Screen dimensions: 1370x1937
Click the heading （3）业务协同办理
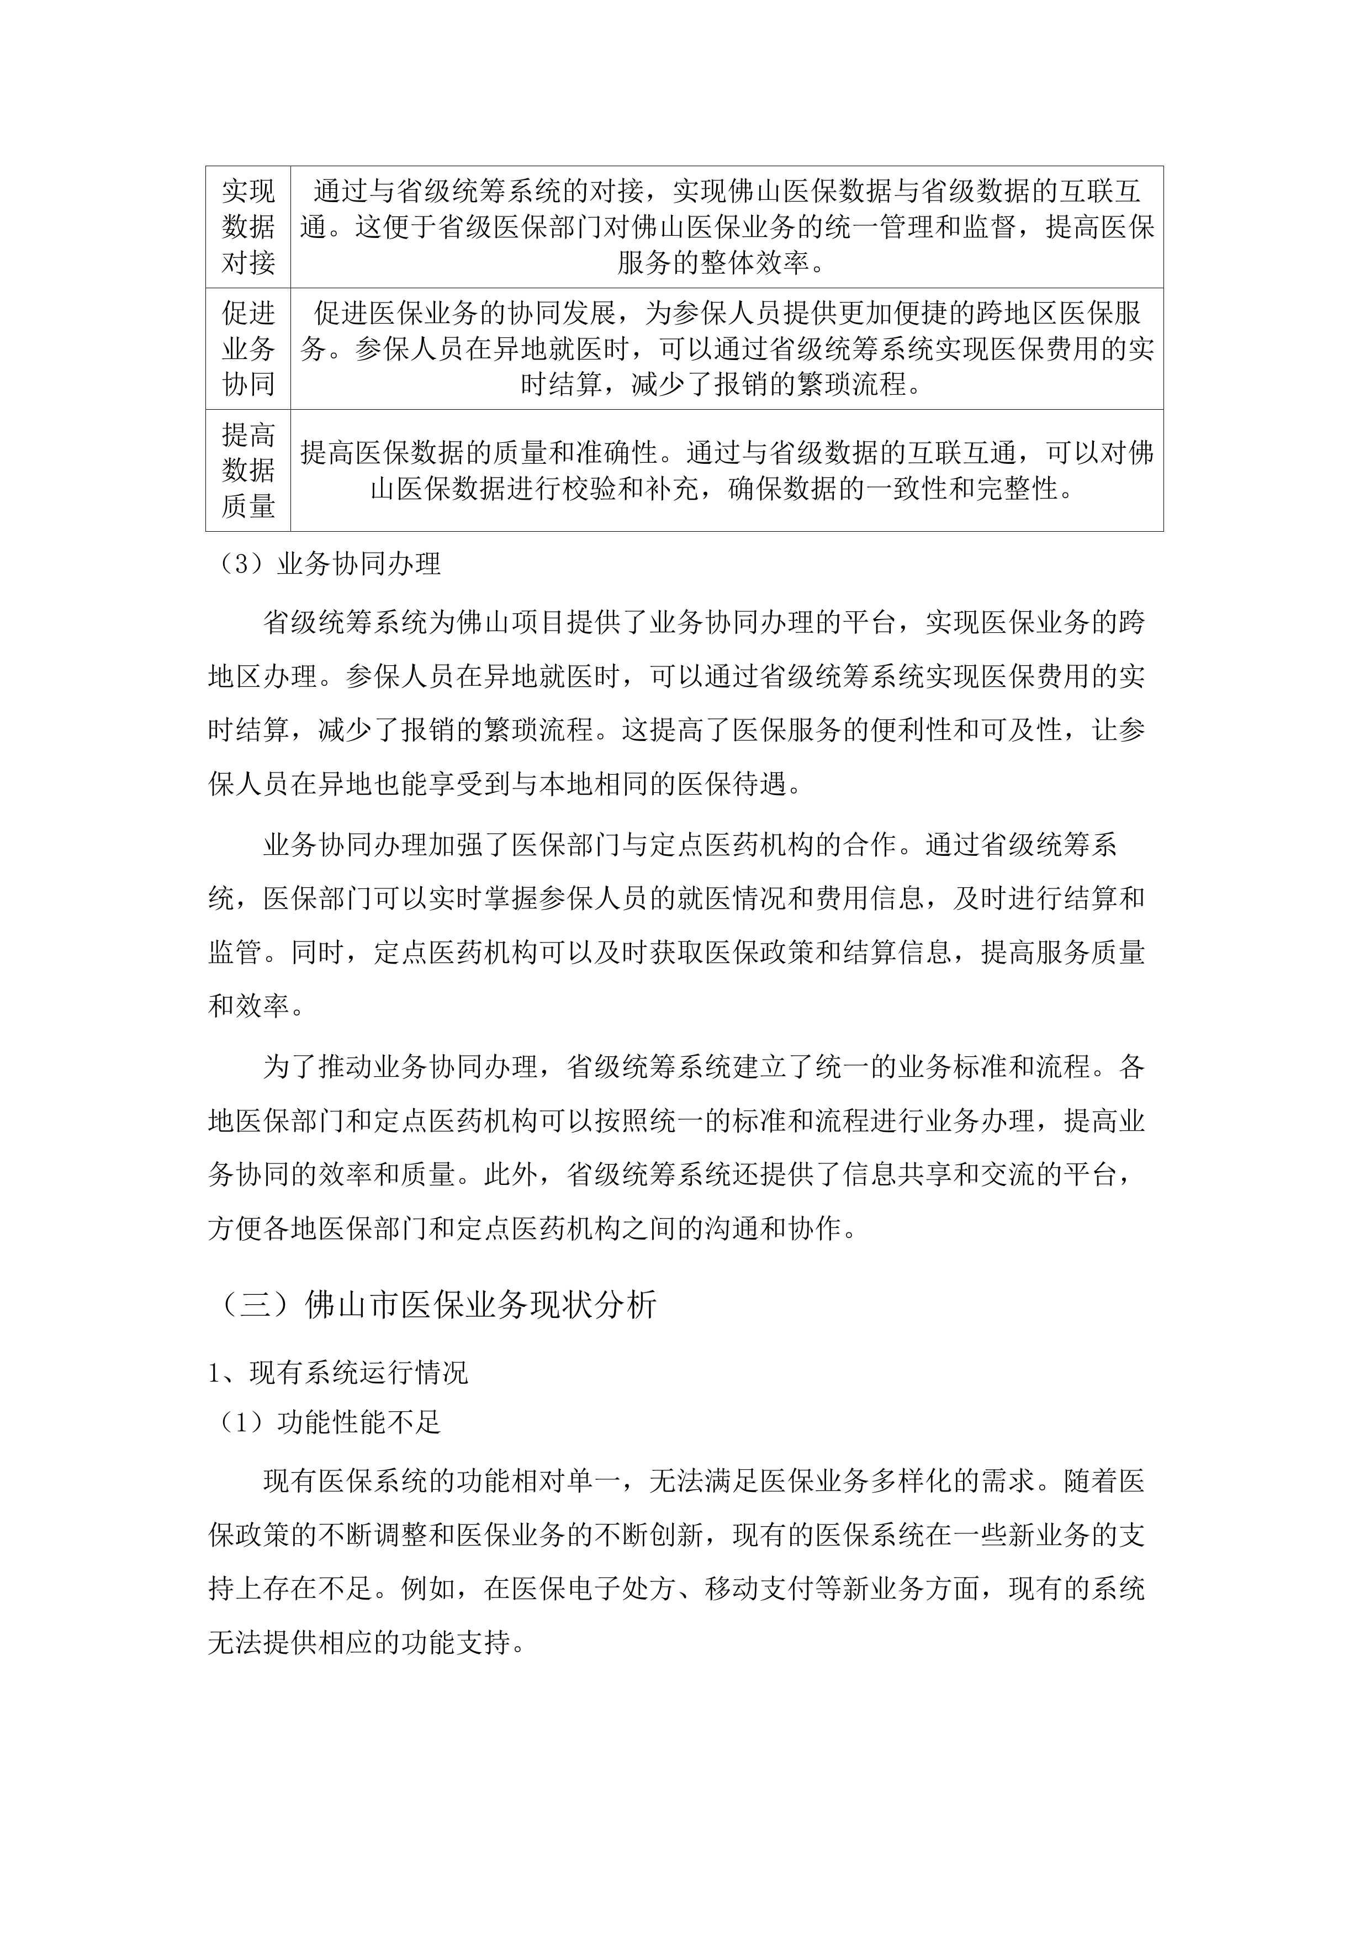click(325, 564)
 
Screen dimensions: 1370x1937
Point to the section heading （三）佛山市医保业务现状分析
click(432, 1305)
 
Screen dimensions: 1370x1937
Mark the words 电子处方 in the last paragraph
click(622, 1590)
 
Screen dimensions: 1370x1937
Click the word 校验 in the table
click(615, 489)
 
